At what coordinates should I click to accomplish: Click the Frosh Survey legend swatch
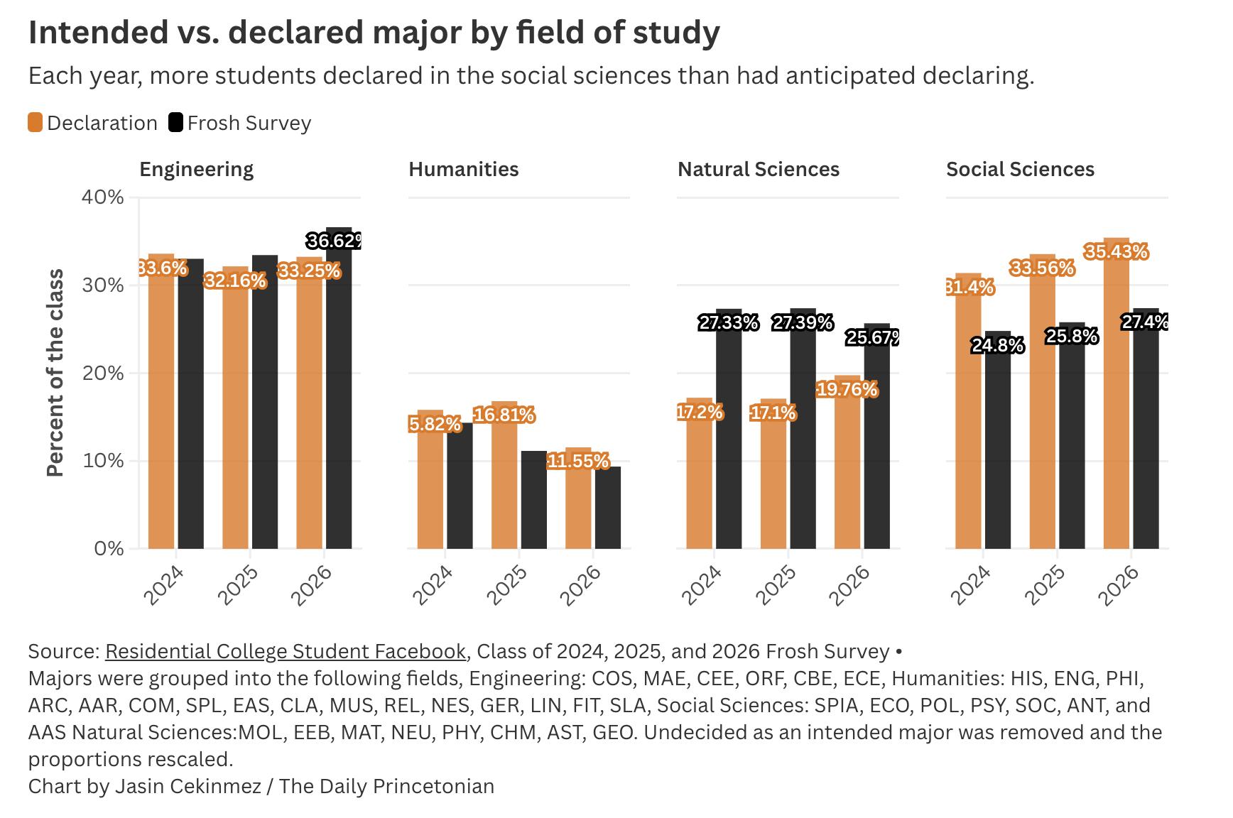tap(175, 123)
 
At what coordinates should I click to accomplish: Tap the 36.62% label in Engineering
tap(335, 241)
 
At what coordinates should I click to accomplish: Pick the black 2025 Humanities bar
tap(533, 500)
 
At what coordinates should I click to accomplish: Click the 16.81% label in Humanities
tap(504, 415)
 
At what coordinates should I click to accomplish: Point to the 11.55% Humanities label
tap(578, 462)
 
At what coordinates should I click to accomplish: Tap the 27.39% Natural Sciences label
tap(803, 323)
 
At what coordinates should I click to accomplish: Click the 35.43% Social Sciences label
tap(1116, 252)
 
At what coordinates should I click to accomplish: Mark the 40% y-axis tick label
tap(104, 197)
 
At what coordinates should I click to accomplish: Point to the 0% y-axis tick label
tap(109, 549)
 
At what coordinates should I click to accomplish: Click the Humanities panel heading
tap(463, 169)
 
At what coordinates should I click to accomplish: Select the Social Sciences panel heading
tap(1020, 169)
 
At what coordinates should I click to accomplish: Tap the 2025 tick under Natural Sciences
tap(776, 584)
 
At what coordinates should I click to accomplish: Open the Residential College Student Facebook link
tap(286, 651)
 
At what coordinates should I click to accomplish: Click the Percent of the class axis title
tap(55, 373)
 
